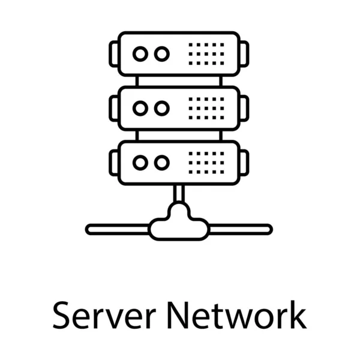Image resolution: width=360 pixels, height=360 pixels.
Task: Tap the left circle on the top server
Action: [140, 54]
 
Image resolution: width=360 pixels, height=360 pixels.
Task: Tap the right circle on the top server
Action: [161, 54]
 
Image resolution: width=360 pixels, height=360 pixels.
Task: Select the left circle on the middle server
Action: [140, 109]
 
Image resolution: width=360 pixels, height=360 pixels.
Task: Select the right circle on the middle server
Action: [161, 109]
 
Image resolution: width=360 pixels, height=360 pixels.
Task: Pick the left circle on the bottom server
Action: [140, 163]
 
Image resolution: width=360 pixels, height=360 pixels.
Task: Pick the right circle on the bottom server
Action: [161, 163]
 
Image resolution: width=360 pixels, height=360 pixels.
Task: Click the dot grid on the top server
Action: [206, 54]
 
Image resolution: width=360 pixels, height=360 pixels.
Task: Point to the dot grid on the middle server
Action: [206, 109]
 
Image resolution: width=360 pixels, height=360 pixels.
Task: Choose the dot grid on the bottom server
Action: [206, 163]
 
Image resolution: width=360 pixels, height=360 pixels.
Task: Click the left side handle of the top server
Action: [114, 54]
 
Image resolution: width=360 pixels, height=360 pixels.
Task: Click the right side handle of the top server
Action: [244, 54]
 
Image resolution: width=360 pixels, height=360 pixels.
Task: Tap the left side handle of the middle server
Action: [114, 109]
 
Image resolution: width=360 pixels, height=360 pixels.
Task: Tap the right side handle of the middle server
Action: [244, 109]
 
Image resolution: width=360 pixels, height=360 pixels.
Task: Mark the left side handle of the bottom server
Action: [114, 163]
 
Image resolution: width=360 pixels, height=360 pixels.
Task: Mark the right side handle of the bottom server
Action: [244, 163]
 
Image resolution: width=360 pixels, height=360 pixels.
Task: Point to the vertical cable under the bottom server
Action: [179, 193]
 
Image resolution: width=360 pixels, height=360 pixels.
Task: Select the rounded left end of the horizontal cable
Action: [91, 229]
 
